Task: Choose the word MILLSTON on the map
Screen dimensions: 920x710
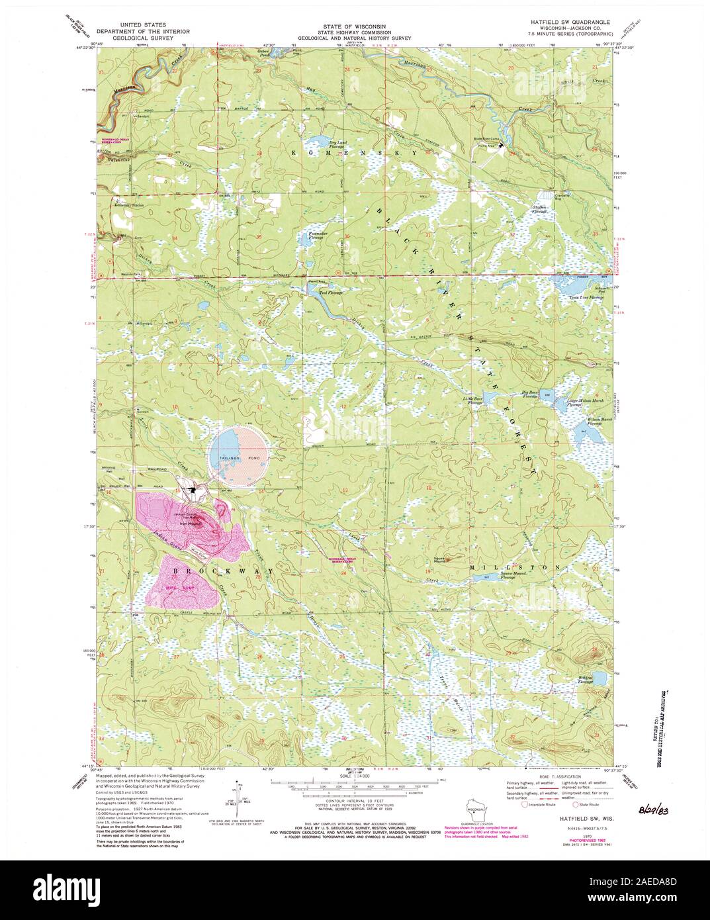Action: (x=515, y=568)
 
